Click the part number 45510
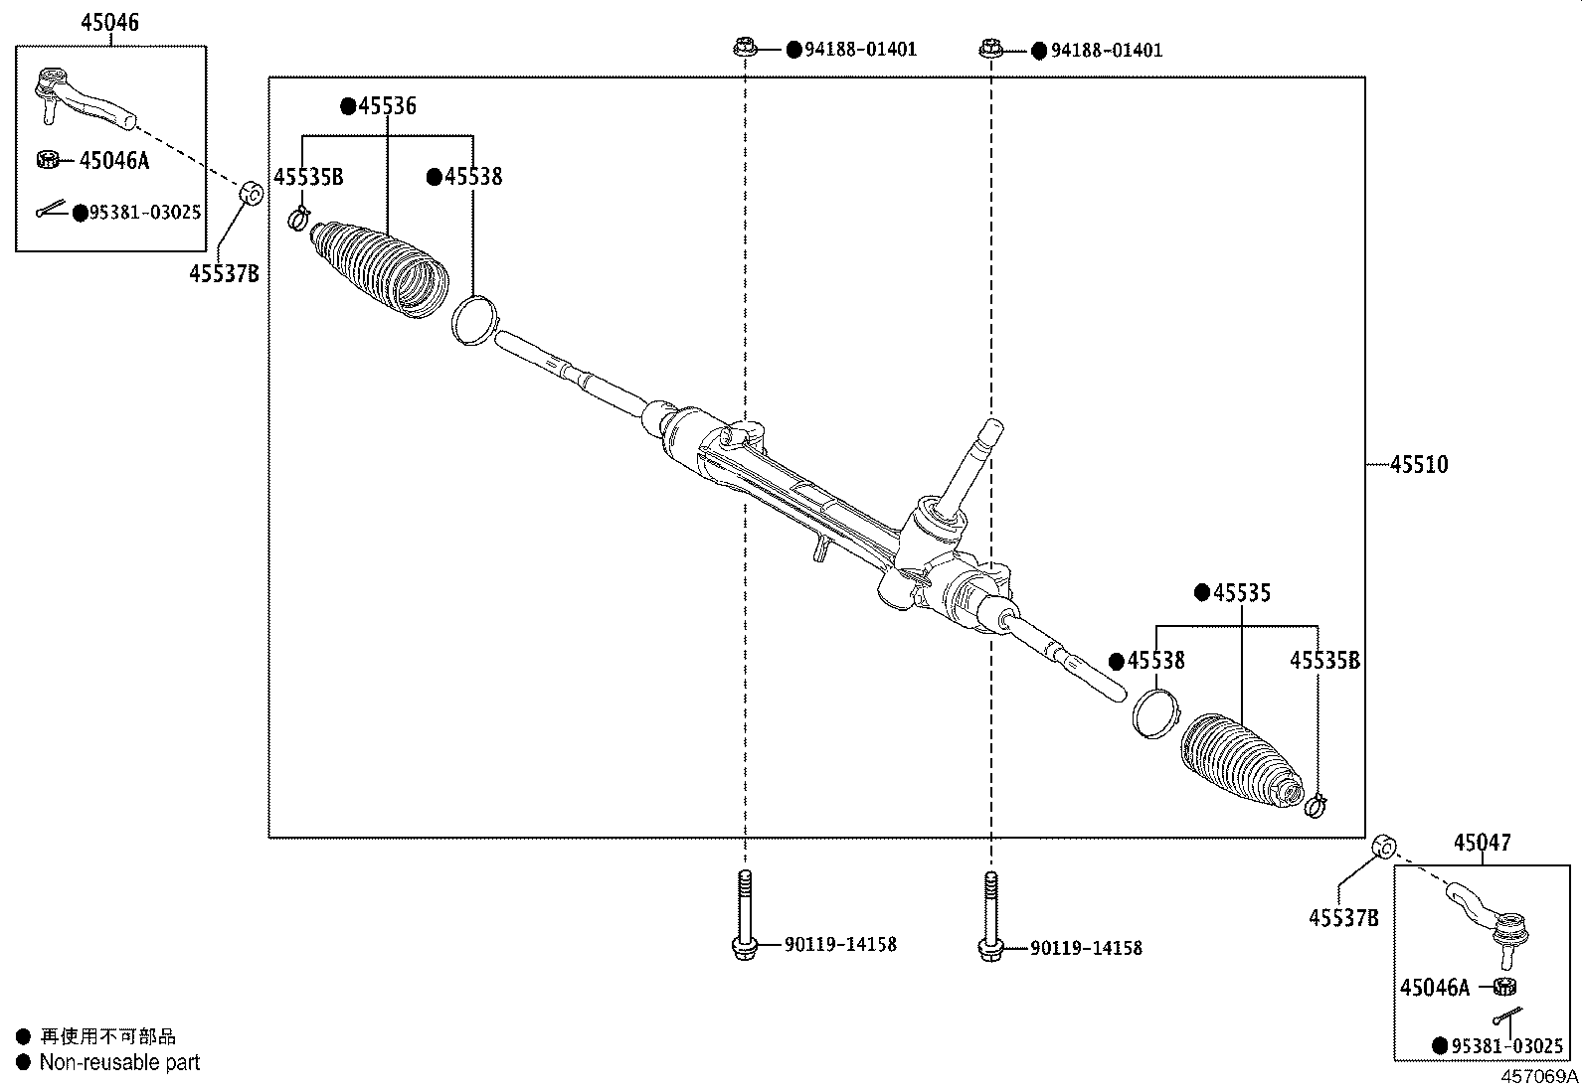tap(1418, 465)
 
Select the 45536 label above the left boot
tap(387, 106)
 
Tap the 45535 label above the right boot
tap(1242, 592)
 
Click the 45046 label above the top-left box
tap(109, 23)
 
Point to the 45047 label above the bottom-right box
tap(1482, 842)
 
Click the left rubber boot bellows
tap(380, 269)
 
